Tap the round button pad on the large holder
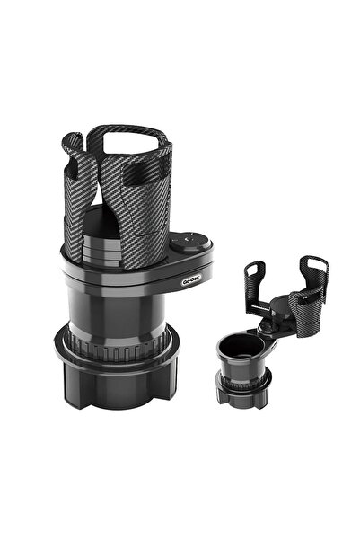[191, 243]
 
